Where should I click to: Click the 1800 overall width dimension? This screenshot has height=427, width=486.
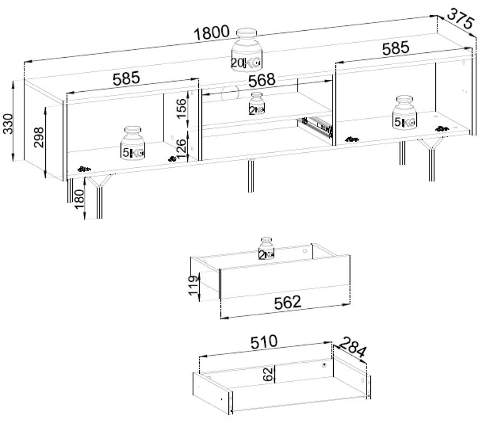coord(213,32)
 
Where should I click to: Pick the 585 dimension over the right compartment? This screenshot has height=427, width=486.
coord(395,48)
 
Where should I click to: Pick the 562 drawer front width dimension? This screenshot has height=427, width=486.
coord(286,303)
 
